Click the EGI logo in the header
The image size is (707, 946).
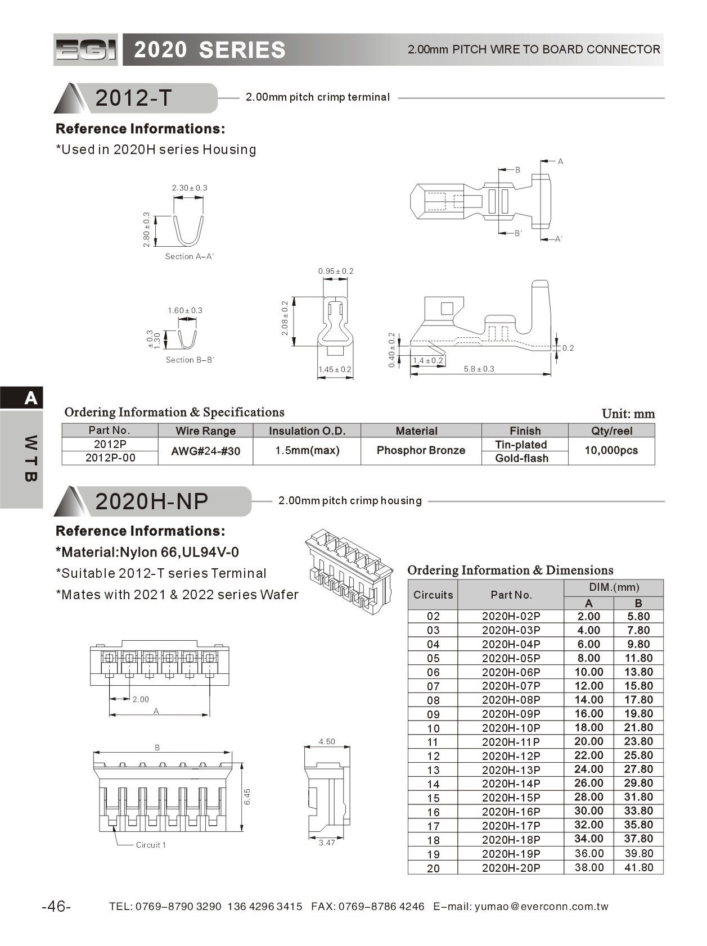coord(85,50)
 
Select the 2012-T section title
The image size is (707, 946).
coord(133,98)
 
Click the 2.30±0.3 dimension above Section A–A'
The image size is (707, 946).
coord(190,188)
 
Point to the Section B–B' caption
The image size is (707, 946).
coord(190,360)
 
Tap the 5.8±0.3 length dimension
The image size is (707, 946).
coord(479,369)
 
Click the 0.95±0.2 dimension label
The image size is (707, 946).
coord(336,271)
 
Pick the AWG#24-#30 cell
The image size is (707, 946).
coord(205,451)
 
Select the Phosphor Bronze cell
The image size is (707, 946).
coord(421,450)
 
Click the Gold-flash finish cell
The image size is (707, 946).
coord(521,458)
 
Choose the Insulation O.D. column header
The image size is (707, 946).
coord(307,431)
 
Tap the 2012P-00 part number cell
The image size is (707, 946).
coord(110,458)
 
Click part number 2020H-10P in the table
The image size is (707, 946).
coord(511,728)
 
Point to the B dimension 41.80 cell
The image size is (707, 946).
coord(638,867)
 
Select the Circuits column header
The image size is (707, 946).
coord(433,595)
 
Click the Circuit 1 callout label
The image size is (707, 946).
coord(151,845)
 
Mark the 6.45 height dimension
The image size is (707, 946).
coord(247,796)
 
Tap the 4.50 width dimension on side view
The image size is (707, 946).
coord(327,741)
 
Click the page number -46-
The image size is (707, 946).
coord(56,907)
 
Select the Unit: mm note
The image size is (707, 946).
coord(628,414)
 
